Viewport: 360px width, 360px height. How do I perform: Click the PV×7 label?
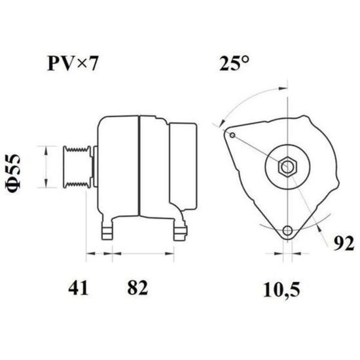coord(73,63)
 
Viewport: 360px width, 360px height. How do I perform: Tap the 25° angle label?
coord(234,63)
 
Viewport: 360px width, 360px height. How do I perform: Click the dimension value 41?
coord(78,287)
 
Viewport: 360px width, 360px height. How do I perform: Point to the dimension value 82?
coord(137,287)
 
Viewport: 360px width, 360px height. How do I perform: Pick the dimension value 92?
coord(344,244)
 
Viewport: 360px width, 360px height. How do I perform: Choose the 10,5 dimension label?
coord(281,290)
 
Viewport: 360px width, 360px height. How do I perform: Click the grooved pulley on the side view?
coord(77,167)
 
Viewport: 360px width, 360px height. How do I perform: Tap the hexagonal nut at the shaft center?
coord(287,167)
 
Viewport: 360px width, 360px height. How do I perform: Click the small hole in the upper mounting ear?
coord(232,135)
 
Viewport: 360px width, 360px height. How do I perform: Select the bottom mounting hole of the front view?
coord(287,230)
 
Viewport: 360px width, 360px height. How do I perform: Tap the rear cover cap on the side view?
coord(183,166)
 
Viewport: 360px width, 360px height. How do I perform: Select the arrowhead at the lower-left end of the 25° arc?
coord(222,123)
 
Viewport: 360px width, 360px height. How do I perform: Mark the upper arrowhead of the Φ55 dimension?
coord(46,151)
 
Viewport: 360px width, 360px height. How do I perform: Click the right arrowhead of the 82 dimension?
coord(170,253)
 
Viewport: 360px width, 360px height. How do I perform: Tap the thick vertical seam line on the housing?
coord(139,166)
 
